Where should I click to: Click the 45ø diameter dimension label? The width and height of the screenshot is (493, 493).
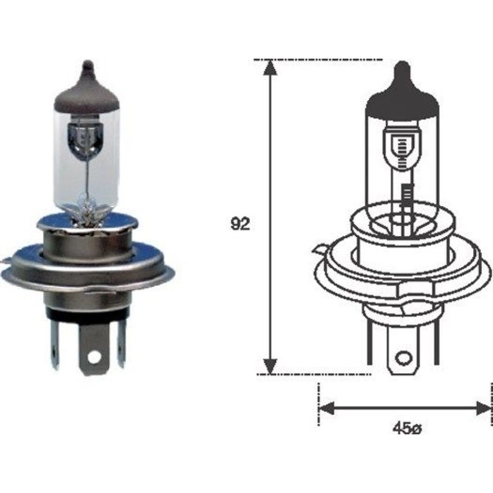[x=406, y=429]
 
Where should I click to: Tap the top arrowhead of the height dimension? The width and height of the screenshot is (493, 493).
[x=270, y=67]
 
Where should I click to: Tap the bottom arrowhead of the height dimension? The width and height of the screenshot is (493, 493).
[x=270, y=367]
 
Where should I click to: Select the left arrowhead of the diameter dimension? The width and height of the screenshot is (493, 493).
[x=326, y=408]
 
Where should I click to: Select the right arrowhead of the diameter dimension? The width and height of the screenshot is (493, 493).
[x=483, y=408]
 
